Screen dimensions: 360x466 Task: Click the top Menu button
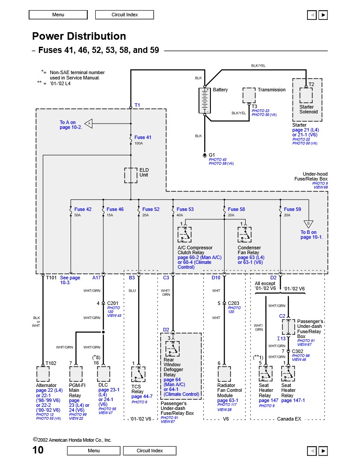pyautogui.click(x=58, y=15)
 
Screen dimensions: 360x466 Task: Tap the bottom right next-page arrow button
pyautogui.click(x=323, y=451)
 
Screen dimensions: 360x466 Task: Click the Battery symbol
pyautogui.click(x=205, y=101)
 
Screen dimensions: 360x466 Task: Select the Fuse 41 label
pyautogui.click(x=143, y=137)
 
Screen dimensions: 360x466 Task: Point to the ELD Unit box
pyautogui.click(x=131, y=175)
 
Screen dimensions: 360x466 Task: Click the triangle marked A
pyautogui.click(x=89, y=123)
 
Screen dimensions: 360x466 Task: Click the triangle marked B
pyautogui.click(x=308, y=224)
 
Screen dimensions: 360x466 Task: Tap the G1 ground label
pyautogui.click(x=212, y=155)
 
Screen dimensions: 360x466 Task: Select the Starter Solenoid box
pyautogui.click(x=306, y=95)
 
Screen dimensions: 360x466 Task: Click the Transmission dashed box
pyautogui.click(x=249, y=95)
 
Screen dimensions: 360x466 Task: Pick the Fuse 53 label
pyautogui.click(x=185, y=209)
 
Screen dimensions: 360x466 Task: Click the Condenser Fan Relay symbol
pyautogui.click(x=244, y=234)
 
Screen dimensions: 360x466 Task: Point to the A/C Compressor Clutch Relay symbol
pyautogui.click(x=184, y=234)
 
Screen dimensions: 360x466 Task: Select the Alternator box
pyautogui.click(x=43, y=374)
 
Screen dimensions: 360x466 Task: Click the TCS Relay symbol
pyautogui.click(x=139, y=374)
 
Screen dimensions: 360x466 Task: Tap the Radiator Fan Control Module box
pyautogui.click(x=224, y=374)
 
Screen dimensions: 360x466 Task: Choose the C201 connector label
pyautogui.click(x=112, y=304)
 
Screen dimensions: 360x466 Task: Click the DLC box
pyautogui.click(x=103, y=374)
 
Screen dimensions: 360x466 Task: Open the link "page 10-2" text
pyautogui.click(x=71, y=127)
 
